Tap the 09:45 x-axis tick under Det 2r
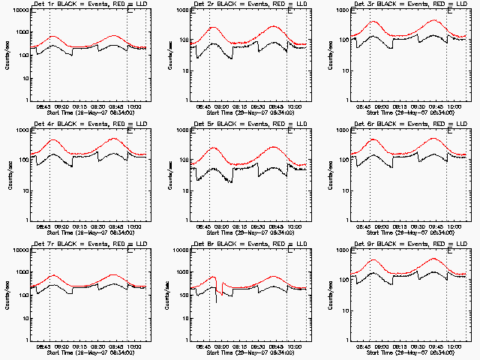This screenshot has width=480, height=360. (277, 107)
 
